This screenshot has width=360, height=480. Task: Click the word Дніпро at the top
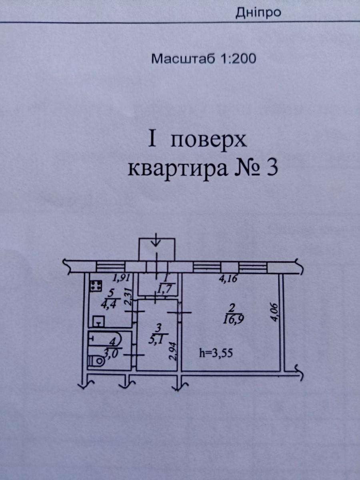point(258,12)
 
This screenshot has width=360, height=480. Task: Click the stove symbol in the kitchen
point(96,286)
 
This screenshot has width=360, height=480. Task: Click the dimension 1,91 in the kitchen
point(121,278)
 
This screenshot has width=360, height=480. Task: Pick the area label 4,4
point(101,303)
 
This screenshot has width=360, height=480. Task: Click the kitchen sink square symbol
point(98,321)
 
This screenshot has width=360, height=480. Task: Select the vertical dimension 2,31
point(128,297)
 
